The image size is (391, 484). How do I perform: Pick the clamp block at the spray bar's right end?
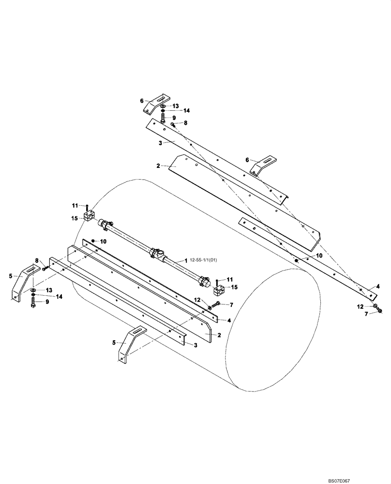[219, 292]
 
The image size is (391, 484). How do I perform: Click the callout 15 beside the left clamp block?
[75, 218]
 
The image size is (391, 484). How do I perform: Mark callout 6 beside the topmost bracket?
[142, 101]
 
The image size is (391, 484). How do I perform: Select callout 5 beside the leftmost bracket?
[11, 276]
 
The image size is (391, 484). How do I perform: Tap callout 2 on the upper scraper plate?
[158, 166]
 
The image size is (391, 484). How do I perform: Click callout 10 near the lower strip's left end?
[103, 241]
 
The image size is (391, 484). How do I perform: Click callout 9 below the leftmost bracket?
[47, 302]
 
